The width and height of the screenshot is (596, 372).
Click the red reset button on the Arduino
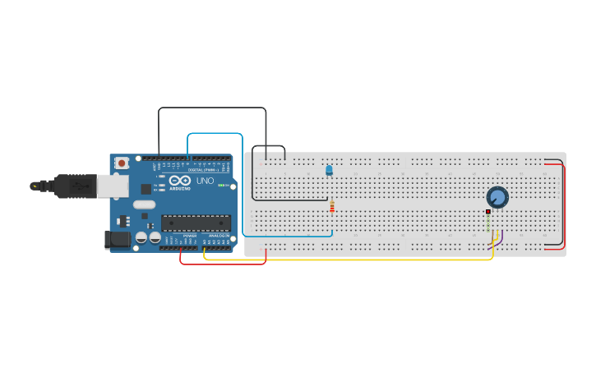click(122, 163)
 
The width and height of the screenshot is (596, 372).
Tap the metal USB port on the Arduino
click(112, 186)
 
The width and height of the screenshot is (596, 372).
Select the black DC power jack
click(118, 240)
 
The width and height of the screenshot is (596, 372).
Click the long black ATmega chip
click(196, 222)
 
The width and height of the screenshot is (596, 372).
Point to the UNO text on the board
click(205, 181)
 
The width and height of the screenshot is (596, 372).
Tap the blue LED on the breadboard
click(329, 170)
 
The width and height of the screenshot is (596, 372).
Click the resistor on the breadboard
click(331, 207)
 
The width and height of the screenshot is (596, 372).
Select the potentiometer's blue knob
click(497, 197)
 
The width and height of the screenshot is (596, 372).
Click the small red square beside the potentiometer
click(487, 212)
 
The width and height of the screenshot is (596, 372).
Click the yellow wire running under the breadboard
click(345, 259)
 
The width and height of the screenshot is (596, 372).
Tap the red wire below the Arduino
click(222, 264)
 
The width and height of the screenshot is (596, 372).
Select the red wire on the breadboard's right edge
click(565, 205)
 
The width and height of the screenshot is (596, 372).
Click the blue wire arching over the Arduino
click(215, 133)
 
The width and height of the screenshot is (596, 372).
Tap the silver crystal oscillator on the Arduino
click(143, 204)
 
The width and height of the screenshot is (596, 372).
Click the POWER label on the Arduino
click(189, 236)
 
